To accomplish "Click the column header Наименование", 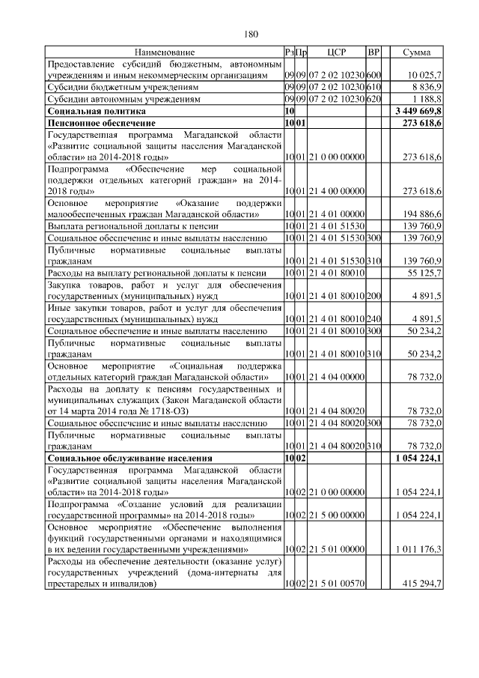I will (165, 52).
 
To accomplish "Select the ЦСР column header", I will (337, 52).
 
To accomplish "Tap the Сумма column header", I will (416, 52).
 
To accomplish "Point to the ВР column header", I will (375, 52).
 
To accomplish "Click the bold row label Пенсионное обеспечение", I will (101, 121).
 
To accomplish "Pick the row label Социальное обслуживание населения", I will (129, 456).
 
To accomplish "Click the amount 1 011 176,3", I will (418, 549).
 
